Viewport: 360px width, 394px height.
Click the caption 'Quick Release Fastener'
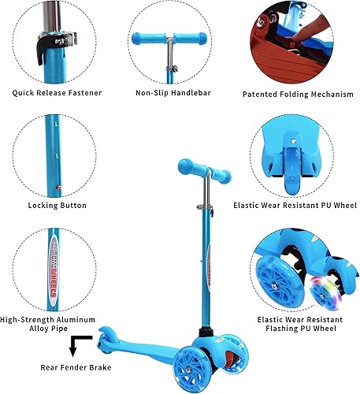point(56,93)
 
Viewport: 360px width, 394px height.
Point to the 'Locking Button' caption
point(57,206)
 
